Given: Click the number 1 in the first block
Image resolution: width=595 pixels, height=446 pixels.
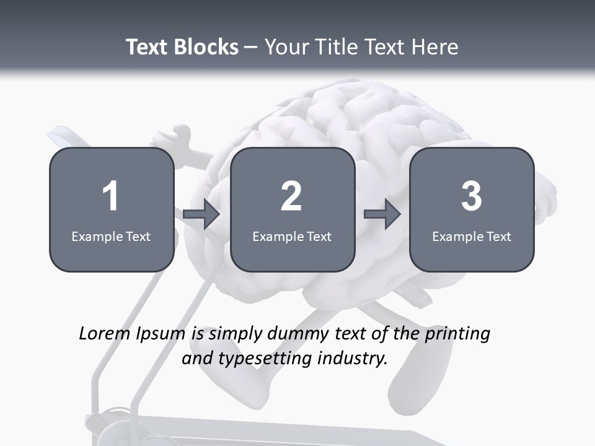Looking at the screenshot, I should [x=110, y=196].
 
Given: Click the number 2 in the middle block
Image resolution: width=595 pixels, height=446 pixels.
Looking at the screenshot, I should [x=291, y=196].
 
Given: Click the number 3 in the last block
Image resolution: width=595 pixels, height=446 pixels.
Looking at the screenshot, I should [x=472, y=196].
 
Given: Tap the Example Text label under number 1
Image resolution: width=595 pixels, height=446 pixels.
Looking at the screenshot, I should [x=111, y=236].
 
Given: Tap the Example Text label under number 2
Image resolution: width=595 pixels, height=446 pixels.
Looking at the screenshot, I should [x=292, y=236].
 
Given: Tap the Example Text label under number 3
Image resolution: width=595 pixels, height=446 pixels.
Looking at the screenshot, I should [x=472, y=236].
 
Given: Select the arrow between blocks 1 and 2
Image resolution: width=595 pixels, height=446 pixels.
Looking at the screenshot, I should [x=201, y=214].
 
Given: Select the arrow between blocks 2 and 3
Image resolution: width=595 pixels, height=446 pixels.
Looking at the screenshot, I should [x=382, y=214].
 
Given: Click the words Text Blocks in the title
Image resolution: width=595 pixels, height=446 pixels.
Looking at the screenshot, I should [x=182, y=47].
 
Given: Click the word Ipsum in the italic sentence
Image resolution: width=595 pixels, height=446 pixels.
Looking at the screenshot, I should [x=159, y=334].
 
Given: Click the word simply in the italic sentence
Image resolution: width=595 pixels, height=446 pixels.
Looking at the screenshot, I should [x=235, y=334].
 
